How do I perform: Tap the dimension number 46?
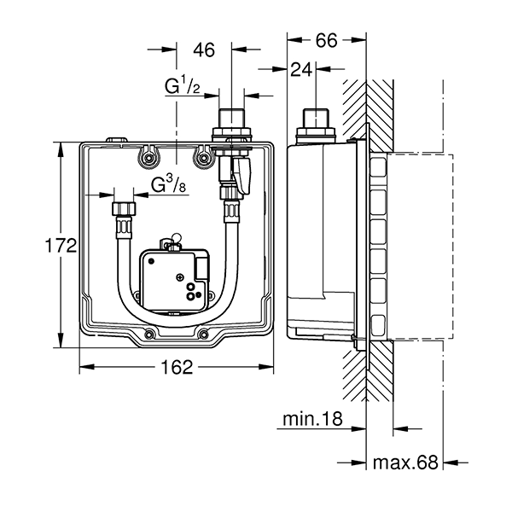[x=203, y=49]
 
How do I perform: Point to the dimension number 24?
[x=300, y=71]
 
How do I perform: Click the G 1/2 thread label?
[x=183, y=85]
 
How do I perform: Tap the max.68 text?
[x=405, y=463]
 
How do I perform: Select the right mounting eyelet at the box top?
[x=202, y=155]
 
